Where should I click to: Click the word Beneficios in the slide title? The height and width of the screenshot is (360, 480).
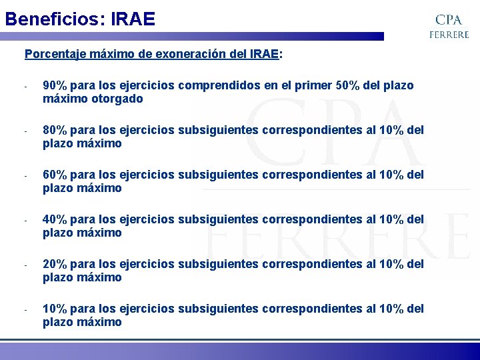[x=50, y=18]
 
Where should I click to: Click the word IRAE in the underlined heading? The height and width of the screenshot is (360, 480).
[x=265, y=54]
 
